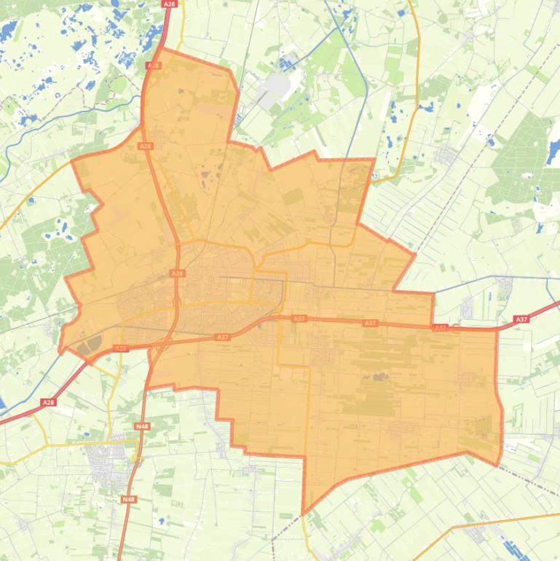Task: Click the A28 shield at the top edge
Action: coord(169,4)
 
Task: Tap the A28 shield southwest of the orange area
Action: coord(48,402)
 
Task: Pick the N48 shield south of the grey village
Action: coord(128,499)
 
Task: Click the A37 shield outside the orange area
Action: coord(521,319)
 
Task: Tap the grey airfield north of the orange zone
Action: coord(276,88)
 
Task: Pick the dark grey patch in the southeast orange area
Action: coord(379,377)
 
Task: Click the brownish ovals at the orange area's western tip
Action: coord(87,348)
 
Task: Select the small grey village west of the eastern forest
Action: coord(445,154)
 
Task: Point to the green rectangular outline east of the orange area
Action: coord(518,415)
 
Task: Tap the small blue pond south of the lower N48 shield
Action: coord(161,521)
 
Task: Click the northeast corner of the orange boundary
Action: coord(374,160)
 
